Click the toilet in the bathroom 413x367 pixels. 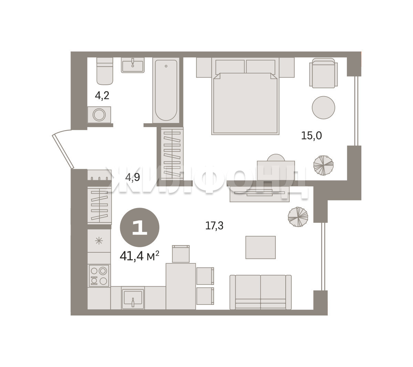(x=105, y=71)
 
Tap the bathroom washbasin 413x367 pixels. (x=133, y=65)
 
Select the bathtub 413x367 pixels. (x=166, y=90)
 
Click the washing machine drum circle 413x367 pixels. (x=99, y=115)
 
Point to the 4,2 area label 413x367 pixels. (x=102, y=95)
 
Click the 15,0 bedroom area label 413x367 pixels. (x=311, y=136)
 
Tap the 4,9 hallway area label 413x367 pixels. (x=133, y=177)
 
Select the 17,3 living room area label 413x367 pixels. (x=214, y=226)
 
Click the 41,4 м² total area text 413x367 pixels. (x=139, y=256)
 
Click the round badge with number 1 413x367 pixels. (x=140, y=227)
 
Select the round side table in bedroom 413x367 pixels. (x=323, y=107)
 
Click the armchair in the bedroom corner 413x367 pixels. (x=323, y=73)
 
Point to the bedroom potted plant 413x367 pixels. (x=323, y=165)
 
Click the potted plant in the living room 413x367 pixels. (x=298, y=217)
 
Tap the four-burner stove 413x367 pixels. (x=99, y=275)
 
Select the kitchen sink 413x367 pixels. (x=133, y=298)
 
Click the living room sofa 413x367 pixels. (x=261, y=292)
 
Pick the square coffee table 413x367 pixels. (x=261, y=248)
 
